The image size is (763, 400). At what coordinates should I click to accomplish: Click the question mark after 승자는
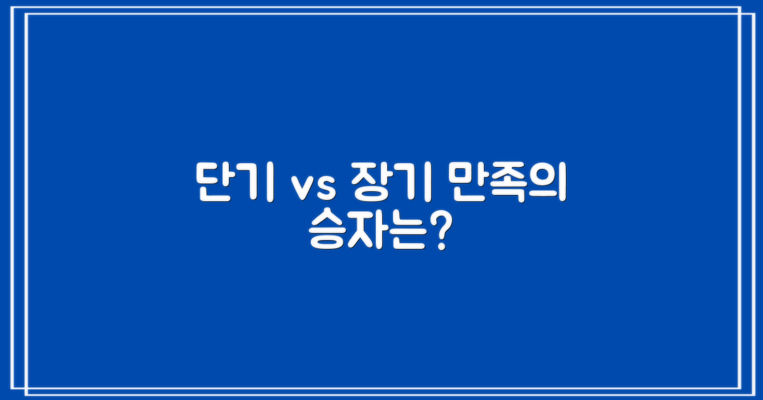click(435, 234)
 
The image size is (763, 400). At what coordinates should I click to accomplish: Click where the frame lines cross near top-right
click(741, 14)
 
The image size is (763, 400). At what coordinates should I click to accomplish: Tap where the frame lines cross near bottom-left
click(25, 388)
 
